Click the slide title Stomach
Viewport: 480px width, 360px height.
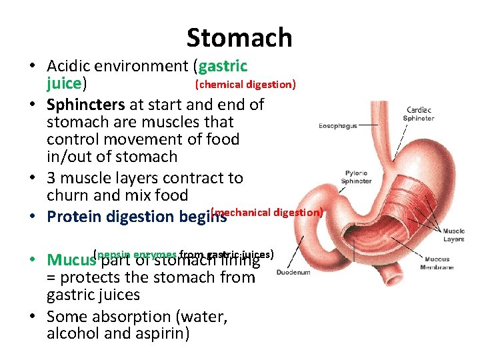(x=239, y=38)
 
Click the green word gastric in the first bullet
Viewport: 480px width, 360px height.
(x=223, y=66)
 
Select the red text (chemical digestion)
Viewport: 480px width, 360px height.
(x=245, y=85)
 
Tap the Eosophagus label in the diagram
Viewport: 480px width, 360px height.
(x=338, y=125)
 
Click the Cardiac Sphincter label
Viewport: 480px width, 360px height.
(x=418, y=114)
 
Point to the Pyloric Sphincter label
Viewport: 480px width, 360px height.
(x=357, y=177)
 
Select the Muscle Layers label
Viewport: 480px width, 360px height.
(x=454, y=234)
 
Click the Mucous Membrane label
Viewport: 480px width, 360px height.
(x=437, y=263)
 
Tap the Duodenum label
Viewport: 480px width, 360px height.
(x=293, y=273)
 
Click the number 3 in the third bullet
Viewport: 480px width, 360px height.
(x=52, y=178)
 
